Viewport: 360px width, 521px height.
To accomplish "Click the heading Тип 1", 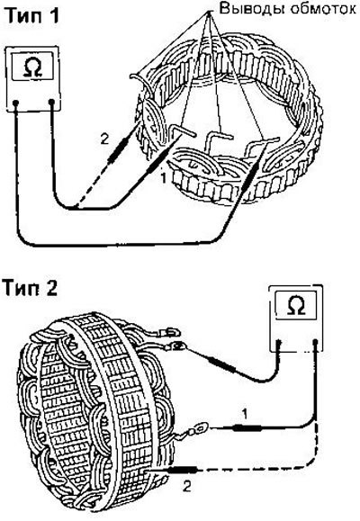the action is [32, 14].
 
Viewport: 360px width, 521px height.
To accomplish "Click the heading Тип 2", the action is [31, 287].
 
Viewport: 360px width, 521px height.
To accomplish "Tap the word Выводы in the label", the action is [252, 9].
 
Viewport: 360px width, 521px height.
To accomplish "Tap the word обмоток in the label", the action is [323, 9].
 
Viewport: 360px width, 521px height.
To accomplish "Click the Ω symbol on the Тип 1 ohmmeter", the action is [32, 67].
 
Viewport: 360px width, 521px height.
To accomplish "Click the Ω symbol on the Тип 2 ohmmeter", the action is [295, 306].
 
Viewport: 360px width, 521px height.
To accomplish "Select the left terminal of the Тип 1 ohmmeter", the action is [15, 103].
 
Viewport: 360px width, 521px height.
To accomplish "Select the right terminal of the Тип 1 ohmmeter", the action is [51, 102].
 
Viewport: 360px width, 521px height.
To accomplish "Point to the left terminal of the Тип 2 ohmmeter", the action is [279, 343].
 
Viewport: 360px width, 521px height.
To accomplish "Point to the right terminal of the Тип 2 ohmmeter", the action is [316, 342].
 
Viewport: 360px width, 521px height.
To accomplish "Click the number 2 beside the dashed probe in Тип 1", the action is [104, 139].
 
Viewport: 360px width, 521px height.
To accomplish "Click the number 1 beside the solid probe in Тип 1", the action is [163, 179].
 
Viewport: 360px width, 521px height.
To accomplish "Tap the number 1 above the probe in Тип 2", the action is [245, 414].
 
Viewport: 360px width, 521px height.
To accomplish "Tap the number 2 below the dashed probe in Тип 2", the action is [187, 487].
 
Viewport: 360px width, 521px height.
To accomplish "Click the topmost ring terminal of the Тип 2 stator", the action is [170, 332].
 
